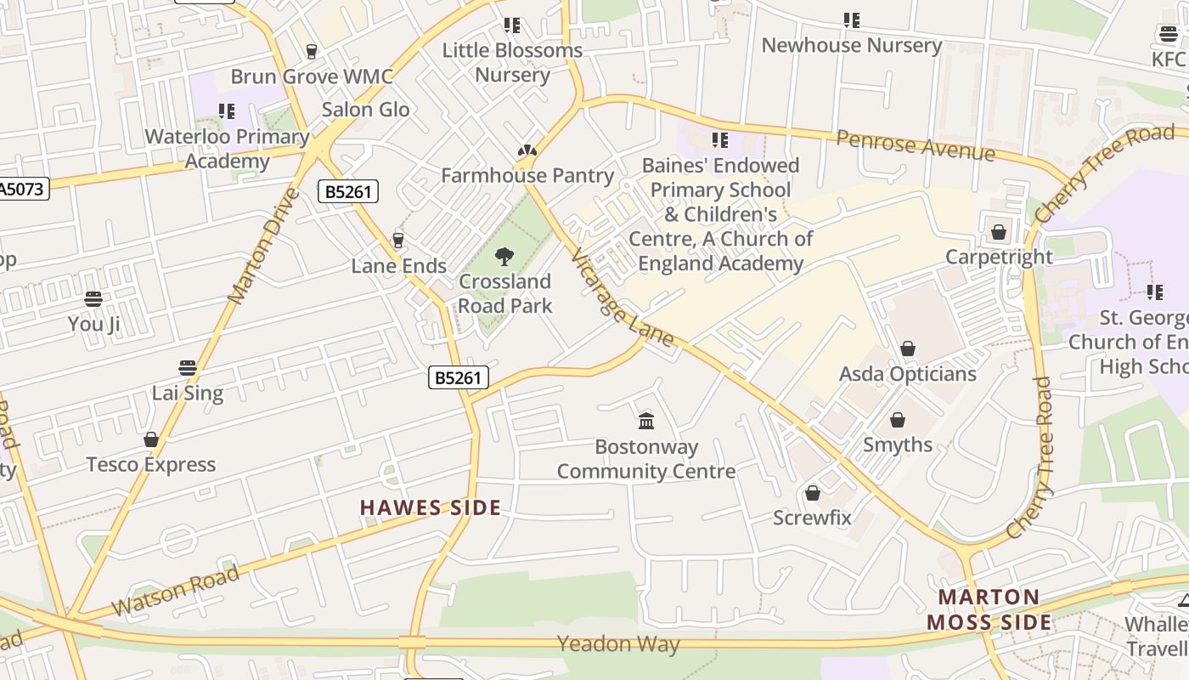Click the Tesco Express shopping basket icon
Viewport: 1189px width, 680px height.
point(151,439)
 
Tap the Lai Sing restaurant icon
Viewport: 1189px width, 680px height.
point(188,368)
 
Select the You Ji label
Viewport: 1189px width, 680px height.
point(93,324)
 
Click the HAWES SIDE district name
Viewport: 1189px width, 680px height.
point(430,508)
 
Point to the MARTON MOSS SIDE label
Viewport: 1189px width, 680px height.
point(989,609)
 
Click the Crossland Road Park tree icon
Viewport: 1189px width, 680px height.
point(504,256)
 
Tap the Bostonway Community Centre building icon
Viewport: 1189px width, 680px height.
point(646,421)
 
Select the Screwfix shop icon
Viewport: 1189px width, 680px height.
point(813,493)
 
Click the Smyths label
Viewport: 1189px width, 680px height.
point(898,445)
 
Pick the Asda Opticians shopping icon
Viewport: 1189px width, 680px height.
point(908,348)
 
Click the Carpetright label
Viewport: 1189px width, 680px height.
point(999,257)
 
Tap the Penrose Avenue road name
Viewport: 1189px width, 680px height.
point(915,145)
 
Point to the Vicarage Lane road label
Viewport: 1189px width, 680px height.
point(623,297)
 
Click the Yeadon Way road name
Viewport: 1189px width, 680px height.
point(618,644)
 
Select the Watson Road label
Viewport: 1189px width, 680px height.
point(176,592)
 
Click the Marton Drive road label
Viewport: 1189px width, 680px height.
point(265,246)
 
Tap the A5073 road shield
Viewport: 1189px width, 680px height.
point(22,188)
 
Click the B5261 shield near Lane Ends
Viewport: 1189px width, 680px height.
point(348,191)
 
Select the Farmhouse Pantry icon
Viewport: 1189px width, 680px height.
point(527,151)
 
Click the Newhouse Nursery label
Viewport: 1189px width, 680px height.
point(851,45)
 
